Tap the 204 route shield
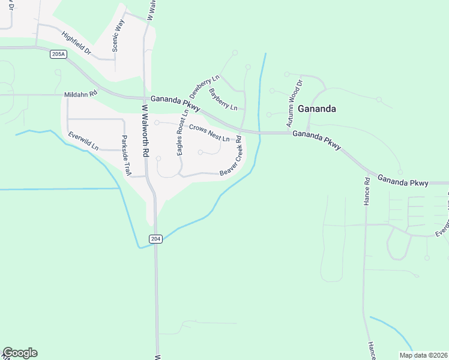pos(155,239)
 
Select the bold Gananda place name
pos(316,109)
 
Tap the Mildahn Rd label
pos(80,94)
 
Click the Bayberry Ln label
pos(223,99)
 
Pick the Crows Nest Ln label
pos(209,133)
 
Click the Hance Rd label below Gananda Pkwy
pos(366,191)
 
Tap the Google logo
pos(20,353)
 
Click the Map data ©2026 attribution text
pos(423,355)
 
